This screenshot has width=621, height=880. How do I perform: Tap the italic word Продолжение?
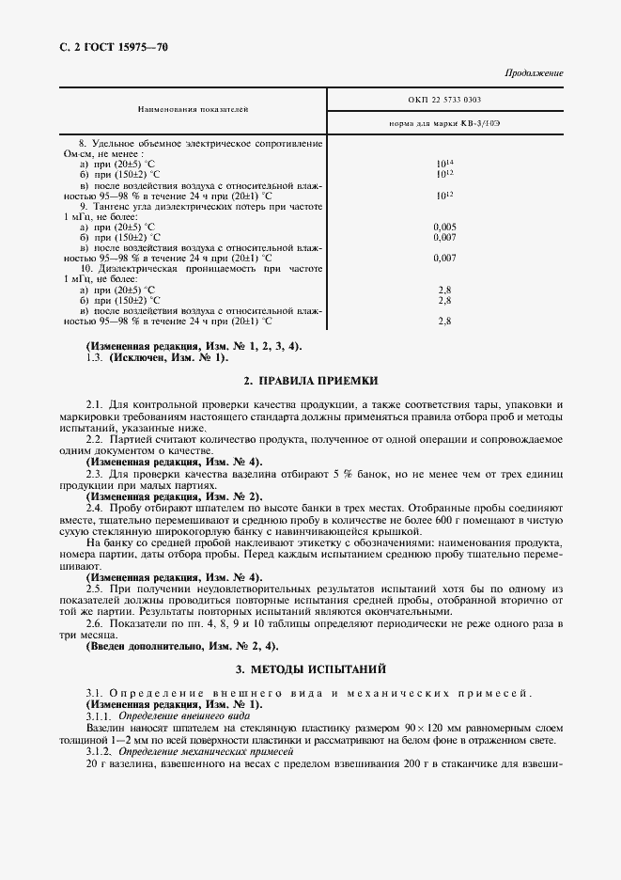534,72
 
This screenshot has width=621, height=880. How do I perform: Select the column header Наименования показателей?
193,109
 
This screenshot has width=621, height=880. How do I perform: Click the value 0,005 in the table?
444,227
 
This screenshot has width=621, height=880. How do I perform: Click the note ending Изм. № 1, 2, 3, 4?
193,345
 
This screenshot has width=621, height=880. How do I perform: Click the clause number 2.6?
95,623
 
